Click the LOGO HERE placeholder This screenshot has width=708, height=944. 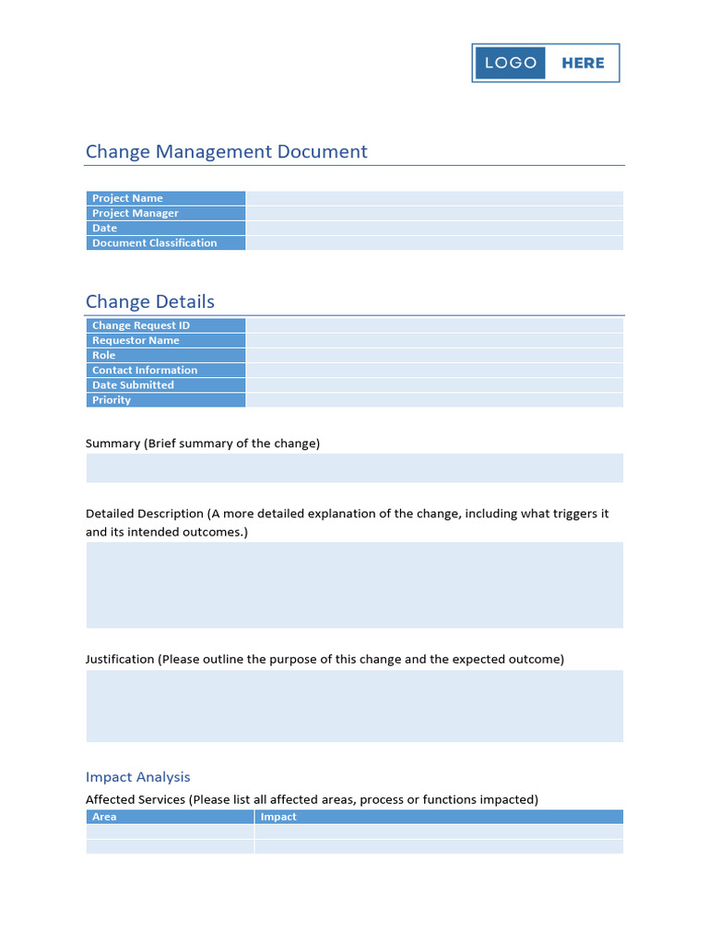(x=545, y=63)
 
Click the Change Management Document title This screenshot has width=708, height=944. (x=226, y=151)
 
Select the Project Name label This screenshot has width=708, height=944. (x=127, y=198)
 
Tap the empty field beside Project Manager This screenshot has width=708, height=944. (x=433, y=213)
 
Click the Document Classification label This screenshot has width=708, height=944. (x=154, y=243)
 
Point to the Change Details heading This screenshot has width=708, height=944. (x=149, y=301)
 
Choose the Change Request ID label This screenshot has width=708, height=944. (x=140, y=325)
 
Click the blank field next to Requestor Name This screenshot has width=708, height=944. (x=433, y=340)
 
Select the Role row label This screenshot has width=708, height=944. (x=104, y=355)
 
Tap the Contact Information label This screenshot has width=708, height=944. (x=144, y=371)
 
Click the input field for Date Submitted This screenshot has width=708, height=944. (x=433, y=385)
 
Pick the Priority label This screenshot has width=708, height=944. (x=112, y=400)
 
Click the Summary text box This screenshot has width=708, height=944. (x=354, y=467)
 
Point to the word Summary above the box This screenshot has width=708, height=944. (x=112, y=443)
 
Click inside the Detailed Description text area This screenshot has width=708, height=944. (x=354, y=584)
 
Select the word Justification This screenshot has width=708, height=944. (x=120, y=659)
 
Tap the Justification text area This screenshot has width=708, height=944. (x=354, y=705)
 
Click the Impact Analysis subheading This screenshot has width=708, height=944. (x=137, y=777)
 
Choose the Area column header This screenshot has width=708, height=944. (x=104, y=817)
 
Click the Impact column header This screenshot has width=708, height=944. (x=278, y=817)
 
